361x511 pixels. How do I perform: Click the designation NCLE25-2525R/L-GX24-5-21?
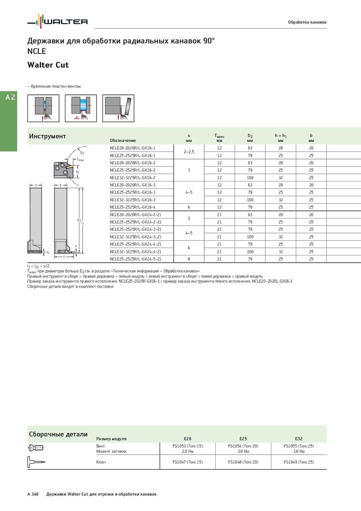coord(135,259)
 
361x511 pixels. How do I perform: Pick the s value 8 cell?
coord(189,259)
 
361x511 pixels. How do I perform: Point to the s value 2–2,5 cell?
coord(189,152)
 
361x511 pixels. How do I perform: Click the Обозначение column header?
coord(123,140)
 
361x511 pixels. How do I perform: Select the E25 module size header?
coord(243,438)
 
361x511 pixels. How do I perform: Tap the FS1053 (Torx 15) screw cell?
coord(188,446)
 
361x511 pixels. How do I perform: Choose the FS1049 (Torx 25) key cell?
coord(299,462)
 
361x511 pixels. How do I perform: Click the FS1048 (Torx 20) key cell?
coord(243,462)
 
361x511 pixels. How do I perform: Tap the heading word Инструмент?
coord(47,136)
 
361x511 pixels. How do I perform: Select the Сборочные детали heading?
coord(58,434)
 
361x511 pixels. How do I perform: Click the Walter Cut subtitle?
coord(48,65)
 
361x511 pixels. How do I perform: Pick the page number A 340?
coord(33,494)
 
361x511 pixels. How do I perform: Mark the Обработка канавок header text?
coord(307,22)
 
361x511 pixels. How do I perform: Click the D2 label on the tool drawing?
coord(82,153)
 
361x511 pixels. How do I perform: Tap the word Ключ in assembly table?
coord(101,462)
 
